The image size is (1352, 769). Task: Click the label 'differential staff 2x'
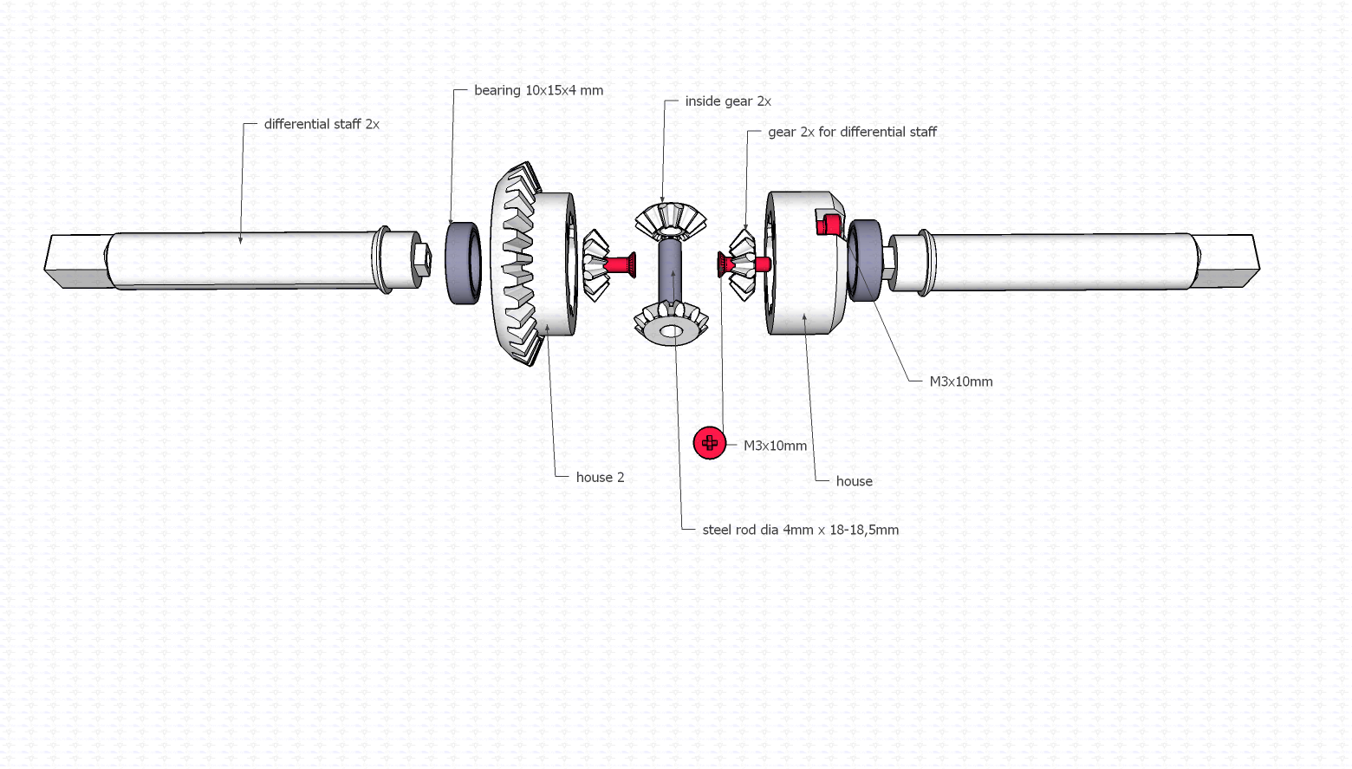click(x=322, y=124)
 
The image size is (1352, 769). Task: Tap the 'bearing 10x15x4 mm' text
click(x=538, y=90)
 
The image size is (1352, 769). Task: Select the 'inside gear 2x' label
click(x=728, y=101)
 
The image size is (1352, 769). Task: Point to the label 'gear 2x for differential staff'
click(x=852, y=132)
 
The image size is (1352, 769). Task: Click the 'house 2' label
click(x=600, y=478)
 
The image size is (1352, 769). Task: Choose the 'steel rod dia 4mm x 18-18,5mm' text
click(x=800, y=530)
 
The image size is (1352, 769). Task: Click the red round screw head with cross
click(x=710, y=443)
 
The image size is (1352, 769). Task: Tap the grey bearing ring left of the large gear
click(x=464, y=264)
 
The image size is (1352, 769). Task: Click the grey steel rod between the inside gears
click(x=670, y=270)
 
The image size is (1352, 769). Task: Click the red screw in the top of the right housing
click(x=829, y=224)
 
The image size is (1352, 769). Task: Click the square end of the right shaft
click(x=1227, y=261)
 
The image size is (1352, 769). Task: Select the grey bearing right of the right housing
click(x=864, y=261)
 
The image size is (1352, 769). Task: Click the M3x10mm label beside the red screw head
click(x=775, y=446)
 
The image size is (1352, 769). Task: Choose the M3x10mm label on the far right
click(x=961, y=381)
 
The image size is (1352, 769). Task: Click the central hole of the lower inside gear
click(x=671, y=331)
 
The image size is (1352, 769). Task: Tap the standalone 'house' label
click(x=854, y=481)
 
